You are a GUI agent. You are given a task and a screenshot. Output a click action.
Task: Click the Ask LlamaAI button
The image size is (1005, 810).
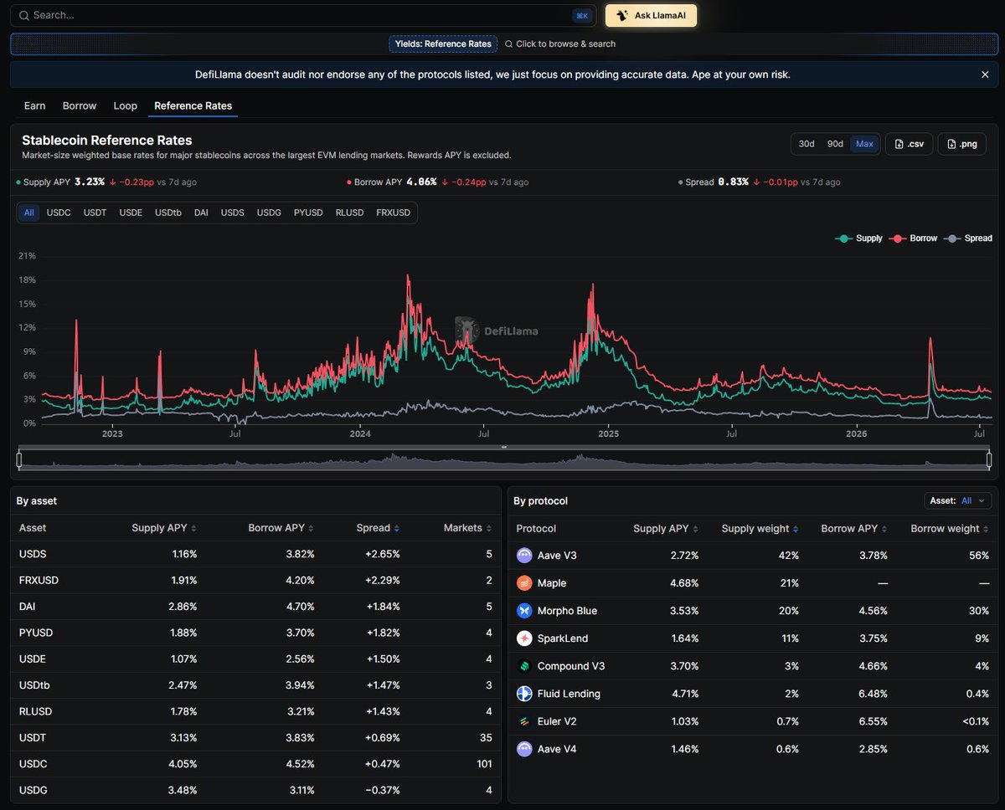[651, 15]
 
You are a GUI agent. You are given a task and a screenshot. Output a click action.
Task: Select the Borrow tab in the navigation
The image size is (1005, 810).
[80, 106]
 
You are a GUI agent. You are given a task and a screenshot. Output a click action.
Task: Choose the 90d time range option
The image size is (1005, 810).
[835, 144]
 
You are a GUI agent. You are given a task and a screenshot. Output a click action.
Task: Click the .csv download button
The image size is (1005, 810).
[909, 144]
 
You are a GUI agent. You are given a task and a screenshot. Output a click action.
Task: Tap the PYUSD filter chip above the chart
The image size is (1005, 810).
[308, 213]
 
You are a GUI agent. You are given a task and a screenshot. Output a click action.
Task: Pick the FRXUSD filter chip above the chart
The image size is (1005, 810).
[394, 213]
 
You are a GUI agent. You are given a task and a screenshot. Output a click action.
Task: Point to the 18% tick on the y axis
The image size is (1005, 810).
[27, 280]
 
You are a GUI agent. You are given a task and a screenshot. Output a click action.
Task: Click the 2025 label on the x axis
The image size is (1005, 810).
[609, 433]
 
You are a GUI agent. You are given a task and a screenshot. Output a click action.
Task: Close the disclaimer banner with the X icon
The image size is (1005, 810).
[985, 74]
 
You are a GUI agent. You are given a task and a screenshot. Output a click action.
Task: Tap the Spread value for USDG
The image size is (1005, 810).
[383, 790]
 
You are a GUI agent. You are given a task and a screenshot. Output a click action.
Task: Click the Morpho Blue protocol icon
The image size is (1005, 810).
[524, 610]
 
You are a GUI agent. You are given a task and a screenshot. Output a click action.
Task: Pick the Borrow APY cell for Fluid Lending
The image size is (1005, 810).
[873, 694]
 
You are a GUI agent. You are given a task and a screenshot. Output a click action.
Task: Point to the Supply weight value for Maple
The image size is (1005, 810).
[789, 582]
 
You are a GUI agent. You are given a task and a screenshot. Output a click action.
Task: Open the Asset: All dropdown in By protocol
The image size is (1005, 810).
[958, 500]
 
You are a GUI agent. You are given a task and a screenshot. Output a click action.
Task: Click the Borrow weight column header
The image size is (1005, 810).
[949, 529]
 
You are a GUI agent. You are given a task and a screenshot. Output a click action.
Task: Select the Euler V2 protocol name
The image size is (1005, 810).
[557, 721]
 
